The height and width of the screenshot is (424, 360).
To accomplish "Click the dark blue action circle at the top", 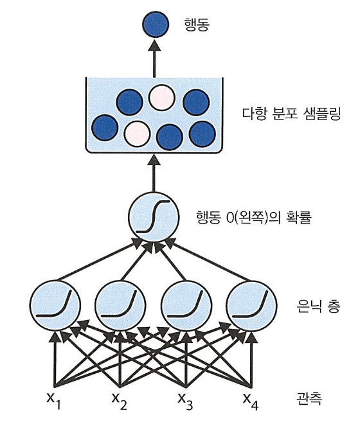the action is [x=155, y=24].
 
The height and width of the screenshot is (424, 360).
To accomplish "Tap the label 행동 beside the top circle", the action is [x=197, y=25].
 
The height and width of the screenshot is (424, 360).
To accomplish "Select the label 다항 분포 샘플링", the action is [x=291, y=114].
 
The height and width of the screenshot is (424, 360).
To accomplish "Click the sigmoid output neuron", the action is [x=153, y=217].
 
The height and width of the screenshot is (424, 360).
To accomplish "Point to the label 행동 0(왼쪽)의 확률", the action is [x=253, y=217].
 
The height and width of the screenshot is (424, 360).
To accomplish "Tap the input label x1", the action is [x=53, y=401].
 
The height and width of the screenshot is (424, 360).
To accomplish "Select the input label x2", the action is [x=120, y=401].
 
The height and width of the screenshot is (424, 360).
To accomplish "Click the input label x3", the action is [x=185, y=401].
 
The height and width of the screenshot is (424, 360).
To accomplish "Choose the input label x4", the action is [x=251, y=401].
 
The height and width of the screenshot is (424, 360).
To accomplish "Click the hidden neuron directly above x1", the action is [x=55, y=306].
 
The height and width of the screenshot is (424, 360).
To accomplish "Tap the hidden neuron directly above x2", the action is [x=120, y=306].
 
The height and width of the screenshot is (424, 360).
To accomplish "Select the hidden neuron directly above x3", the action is [x=186, y=306].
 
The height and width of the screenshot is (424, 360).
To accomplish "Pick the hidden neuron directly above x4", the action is [x=251, y=306].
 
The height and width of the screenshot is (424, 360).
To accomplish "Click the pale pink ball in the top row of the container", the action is [x=161, y=98].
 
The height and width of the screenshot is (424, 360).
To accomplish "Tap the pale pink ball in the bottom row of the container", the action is [x=137, y=134].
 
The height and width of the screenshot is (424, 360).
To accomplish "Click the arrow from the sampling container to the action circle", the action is [x=154, y=58].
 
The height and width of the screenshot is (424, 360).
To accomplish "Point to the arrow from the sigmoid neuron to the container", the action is [x=154, y=173].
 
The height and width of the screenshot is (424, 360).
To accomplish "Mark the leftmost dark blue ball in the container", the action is [x=105, y=128].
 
